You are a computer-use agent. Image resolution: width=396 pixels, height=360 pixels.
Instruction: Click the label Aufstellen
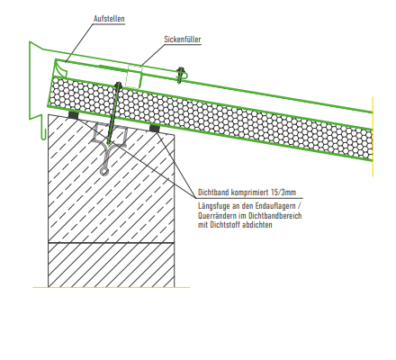pos(109,19)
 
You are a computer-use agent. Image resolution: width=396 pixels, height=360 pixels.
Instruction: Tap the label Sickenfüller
pos(183,40)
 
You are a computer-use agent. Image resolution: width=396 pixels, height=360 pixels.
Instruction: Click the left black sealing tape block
pos(73,114)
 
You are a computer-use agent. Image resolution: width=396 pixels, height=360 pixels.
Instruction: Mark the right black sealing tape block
pos(155,129)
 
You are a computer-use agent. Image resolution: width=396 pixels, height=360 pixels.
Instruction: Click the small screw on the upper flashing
pos(180,75)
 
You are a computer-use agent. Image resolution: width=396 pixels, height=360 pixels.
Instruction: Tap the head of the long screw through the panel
pos(118,85)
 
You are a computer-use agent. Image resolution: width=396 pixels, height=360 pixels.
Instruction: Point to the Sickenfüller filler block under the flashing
pos(133,76)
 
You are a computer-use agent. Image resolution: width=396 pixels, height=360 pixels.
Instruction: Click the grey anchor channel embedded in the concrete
pos(109,146)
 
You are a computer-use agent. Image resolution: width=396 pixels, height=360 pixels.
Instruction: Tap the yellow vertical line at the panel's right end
pos(373,137)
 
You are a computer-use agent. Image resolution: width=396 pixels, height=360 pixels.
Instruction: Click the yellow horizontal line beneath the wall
pos(111,287)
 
